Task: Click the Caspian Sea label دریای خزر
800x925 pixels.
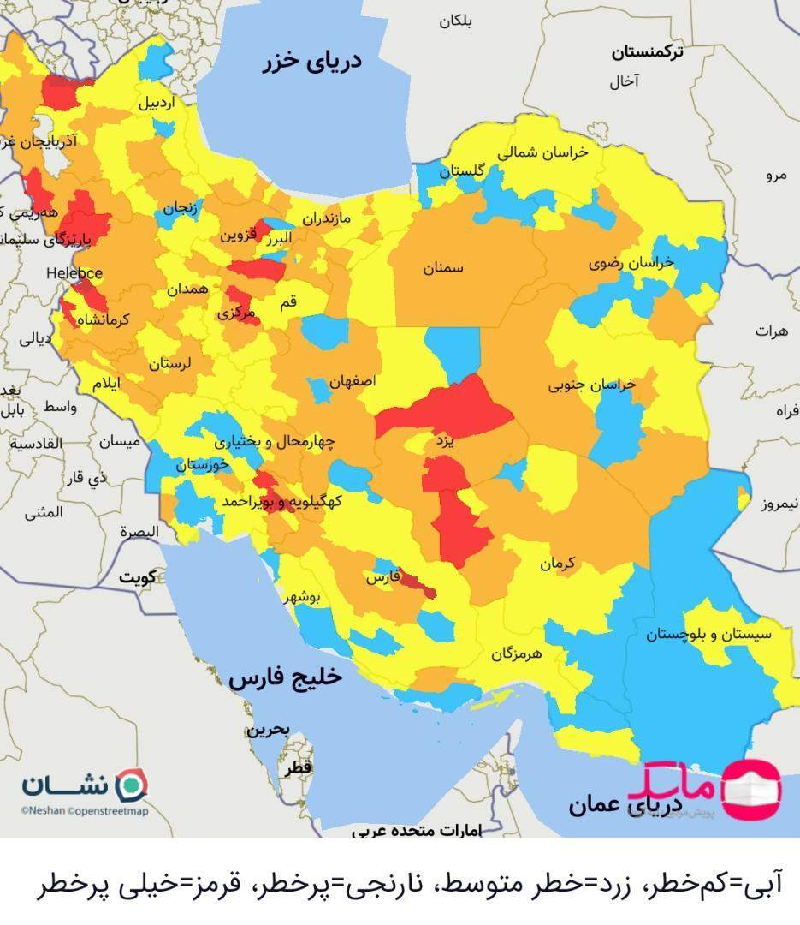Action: coord(311,62)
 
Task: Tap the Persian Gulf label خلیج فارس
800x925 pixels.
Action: coord(285,677)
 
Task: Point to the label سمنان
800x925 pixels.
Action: coord(442,268)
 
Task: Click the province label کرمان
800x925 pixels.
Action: coord(559,564)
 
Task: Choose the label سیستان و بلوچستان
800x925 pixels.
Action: coord(708,635)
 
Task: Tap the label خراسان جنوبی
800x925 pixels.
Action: coord(592,385)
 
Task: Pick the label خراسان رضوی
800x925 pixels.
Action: coord(631,264)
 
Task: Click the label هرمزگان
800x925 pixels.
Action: coord(517,654)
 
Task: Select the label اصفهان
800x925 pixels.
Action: coord(352,382)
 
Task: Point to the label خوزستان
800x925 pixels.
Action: coord(203,465)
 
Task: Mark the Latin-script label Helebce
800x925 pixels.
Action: coord(75,273)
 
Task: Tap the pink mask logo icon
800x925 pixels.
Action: coord(752,785)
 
